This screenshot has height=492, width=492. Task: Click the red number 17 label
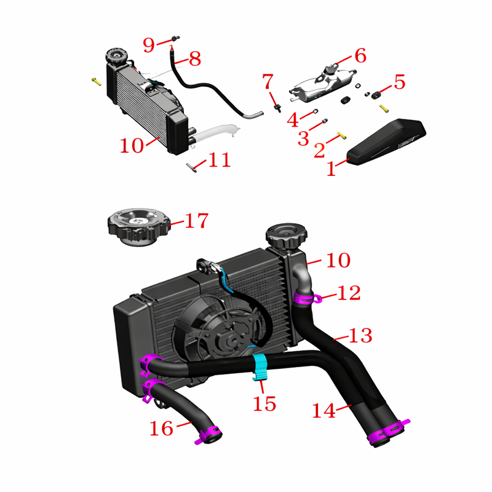197,221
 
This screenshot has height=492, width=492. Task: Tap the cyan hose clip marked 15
260,367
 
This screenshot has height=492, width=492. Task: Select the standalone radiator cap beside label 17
139,226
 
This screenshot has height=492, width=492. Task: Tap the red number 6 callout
360,55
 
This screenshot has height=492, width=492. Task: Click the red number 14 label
323,411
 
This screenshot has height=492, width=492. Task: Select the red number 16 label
161,429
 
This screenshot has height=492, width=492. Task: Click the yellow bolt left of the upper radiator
97,82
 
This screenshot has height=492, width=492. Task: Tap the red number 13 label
360,335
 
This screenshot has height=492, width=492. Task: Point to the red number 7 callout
268,81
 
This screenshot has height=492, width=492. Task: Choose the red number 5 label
399,82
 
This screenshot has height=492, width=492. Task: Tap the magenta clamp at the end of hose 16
208,435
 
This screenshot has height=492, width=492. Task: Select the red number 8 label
195,58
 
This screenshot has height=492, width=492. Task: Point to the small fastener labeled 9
176,38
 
